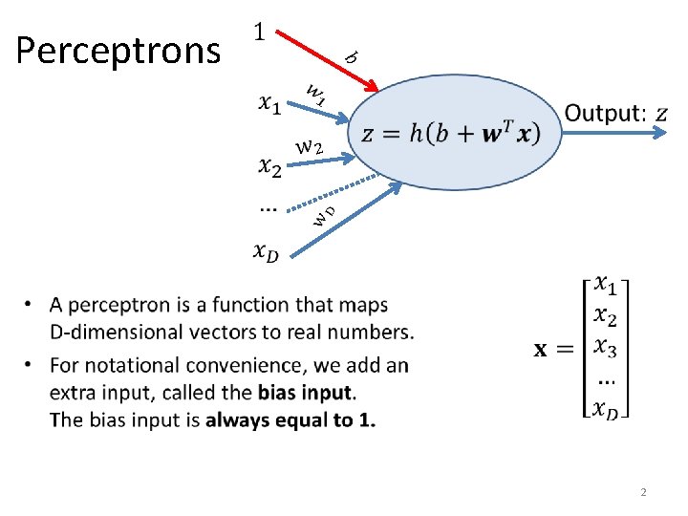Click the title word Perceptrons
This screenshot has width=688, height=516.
pos(118,50)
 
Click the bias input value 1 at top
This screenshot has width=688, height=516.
pos(259,32)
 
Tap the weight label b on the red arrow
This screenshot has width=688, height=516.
pos(351,57)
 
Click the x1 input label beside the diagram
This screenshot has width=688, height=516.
pos(270,102)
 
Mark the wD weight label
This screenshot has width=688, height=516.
pos(325,215)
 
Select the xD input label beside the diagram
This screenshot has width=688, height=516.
pos(268,251)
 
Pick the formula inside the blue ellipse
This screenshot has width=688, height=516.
pos(450,133)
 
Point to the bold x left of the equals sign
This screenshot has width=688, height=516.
pos(540,350)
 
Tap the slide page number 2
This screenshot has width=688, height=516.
pos(643,492)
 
